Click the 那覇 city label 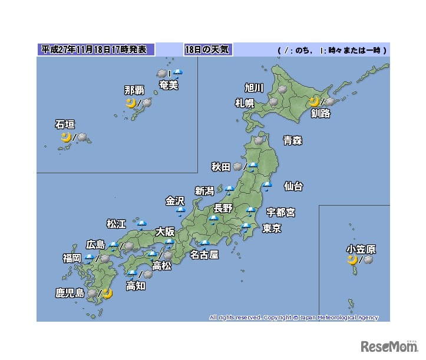click(x=134, y=90)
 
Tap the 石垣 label click(x=64, y=124)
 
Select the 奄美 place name click(x=169, y=85)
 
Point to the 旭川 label click(x=254, y=88)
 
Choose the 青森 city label click(x=292, y=140)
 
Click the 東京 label click(x=272, y=228)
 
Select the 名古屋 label click(x=204, y=255)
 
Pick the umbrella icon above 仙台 click(x=267, y=186)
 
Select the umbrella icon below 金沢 click(x=180, y=210)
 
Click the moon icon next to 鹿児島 click(x=107, y=293)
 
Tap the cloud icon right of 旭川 click(x=282, y=89)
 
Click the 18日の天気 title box click(x=207, y=49)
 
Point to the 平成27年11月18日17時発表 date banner click(x=97, y=49)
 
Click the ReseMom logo click(x=389, y=345)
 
